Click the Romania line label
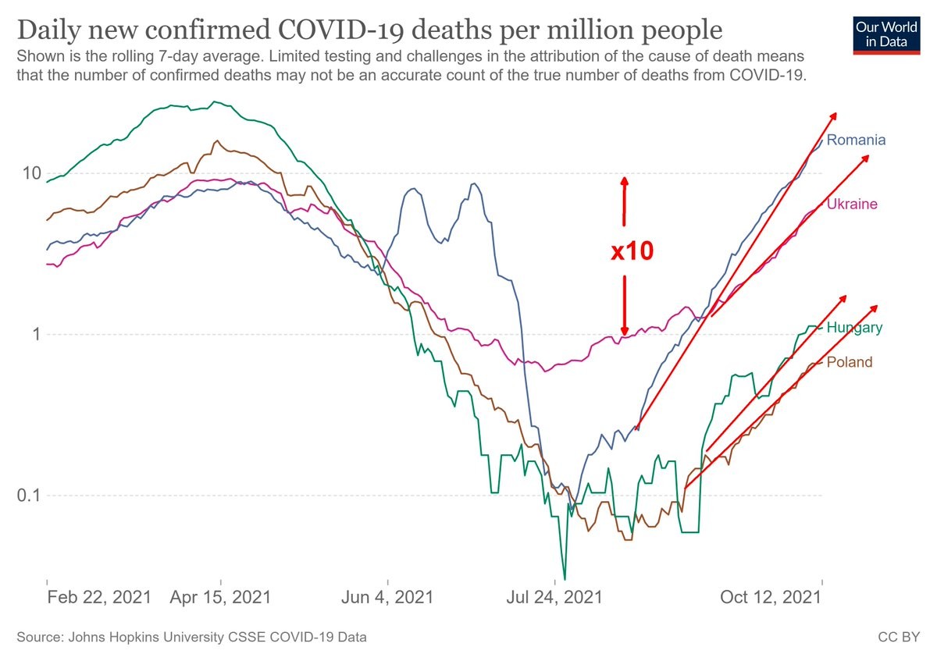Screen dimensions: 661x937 (x=856, y=140)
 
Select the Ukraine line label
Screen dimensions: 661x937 (x=852, y=204)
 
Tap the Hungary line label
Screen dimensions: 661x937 (x=854, y=328)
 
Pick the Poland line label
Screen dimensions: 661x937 (x=850, y=362)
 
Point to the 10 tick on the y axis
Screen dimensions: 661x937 (x=30, y=173)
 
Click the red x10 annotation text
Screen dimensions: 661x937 (x=631, y=251)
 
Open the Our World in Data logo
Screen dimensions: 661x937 (x=885, y=34)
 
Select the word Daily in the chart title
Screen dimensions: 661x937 (x=51, y=31)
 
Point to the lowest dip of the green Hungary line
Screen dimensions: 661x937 (x=564, y=578)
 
